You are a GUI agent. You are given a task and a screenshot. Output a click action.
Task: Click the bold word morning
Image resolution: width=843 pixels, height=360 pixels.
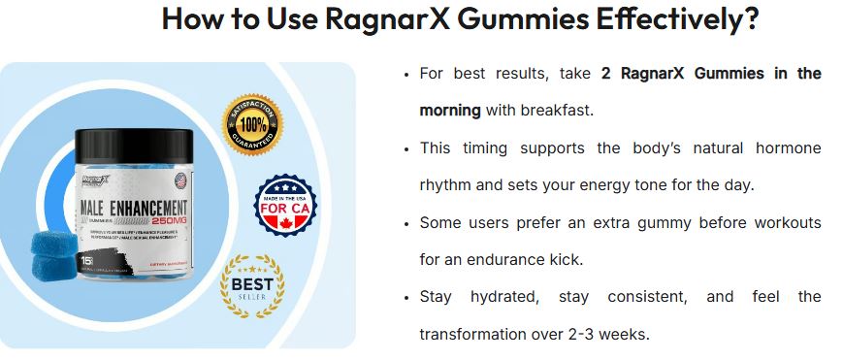pos(449,111)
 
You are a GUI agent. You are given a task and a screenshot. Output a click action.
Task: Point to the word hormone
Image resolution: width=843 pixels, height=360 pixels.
pos(784,148)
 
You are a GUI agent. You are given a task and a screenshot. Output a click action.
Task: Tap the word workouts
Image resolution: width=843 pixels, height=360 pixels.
pos(785,223)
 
